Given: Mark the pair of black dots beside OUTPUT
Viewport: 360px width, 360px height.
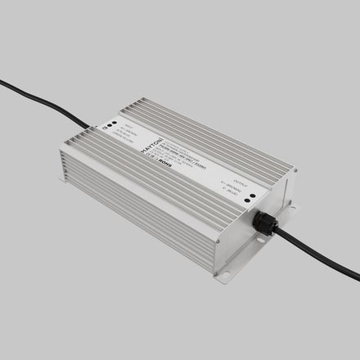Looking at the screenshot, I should (x=250, y=197).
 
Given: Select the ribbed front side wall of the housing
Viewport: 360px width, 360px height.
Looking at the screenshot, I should (x=139, y=205).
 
